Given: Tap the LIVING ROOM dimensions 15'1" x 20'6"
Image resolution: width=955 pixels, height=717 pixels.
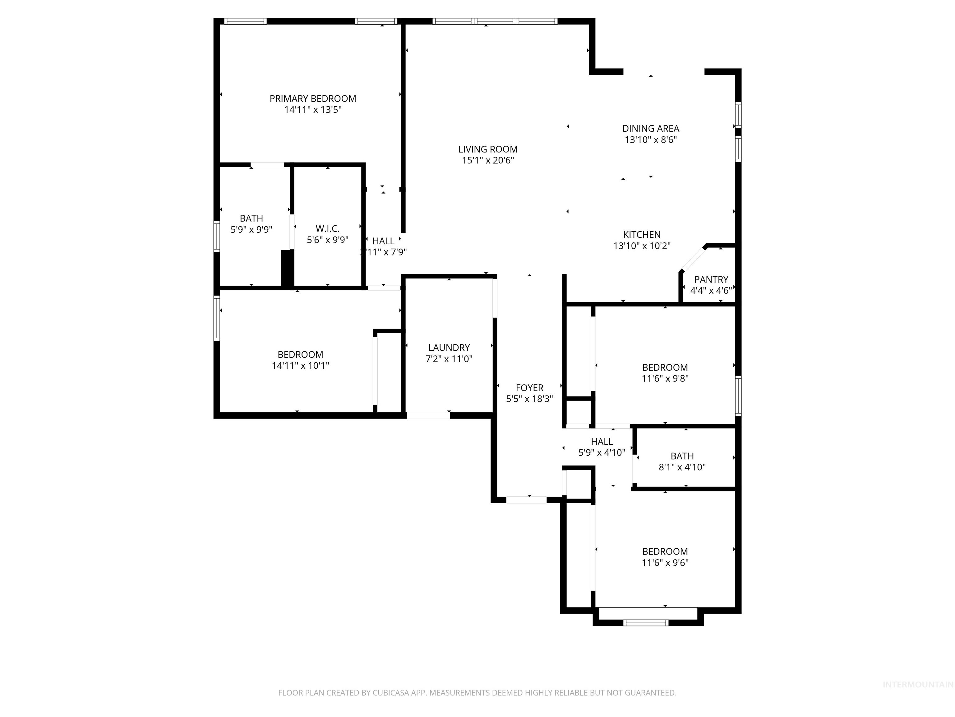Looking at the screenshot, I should [x=488, y=160].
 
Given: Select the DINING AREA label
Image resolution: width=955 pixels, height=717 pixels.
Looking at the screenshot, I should [x=650, y=128].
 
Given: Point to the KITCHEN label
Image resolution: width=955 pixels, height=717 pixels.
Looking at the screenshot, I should [x=642, y=235].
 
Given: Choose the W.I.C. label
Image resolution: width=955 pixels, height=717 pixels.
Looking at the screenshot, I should [x=327, y=229].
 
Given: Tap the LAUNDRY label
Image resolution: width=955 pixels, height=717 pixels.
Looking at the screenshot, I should [x=449, y=348].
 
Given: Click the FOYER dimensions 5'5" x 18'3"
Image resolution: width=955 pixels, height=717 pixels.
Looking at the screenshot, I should [x=529, y=399].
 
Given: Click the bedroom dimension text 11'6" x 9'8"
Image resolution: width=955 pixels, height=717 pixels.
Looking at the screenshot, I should [x=665, y=379].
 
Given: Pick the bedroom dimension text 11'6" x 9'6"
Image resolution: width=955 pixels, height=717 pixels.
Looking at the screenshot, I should [x=665, y=563].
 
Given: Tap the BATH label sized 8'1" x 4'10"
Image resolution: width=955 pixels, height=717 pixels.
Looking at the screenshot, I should [x=682, y=456].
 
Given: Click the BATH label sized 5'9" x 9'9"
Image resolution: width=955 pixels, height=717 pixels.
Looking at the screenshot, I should [x=251, y=218].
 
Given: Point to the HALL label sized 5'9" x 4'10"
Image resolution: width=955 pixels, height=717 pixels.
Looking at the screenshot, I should [x=602, y=441].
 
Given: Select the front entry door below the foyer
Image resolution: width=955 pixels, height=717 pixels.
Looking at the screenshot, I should [x=526, y=500].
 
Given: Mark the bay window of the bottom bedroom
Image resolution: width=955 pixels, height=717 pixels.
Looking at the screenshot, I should [x=646, y=623].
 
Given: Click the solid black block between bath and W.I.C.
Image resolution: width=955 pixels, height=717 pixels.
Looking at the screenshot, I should [x=287, y=268].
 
